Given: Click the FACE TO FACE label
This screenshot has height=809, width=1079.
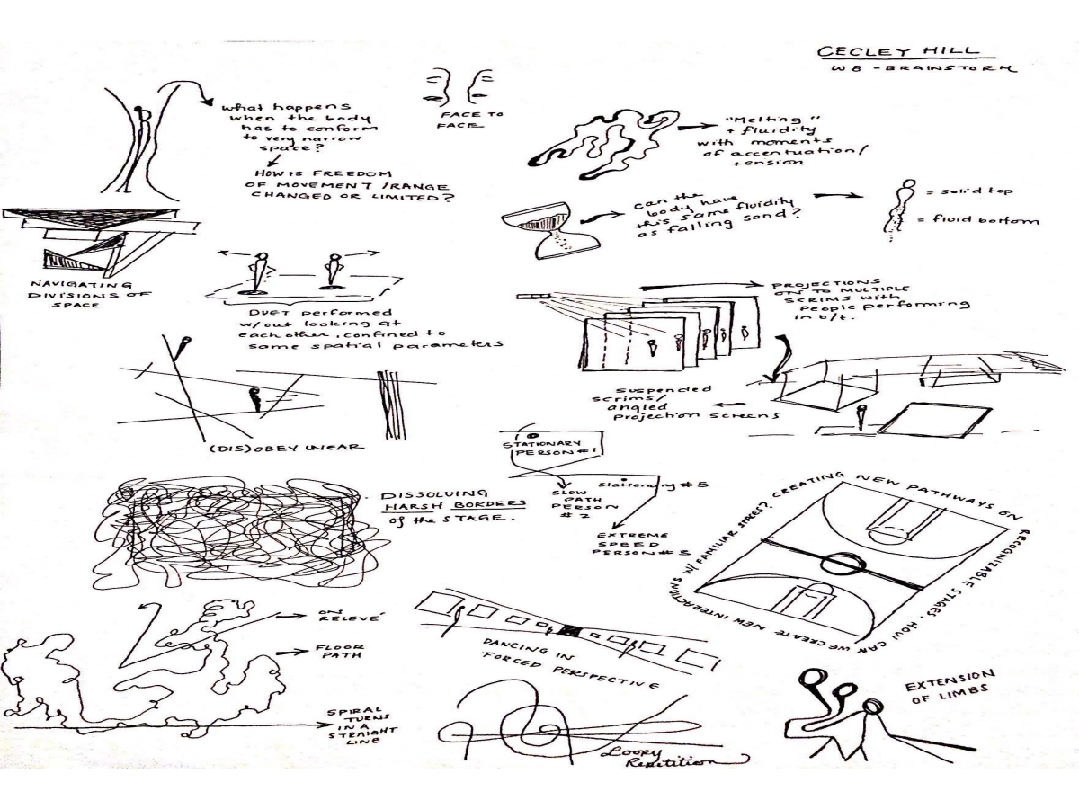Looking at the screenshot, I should pyautogui.click(x=484, y=120).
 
